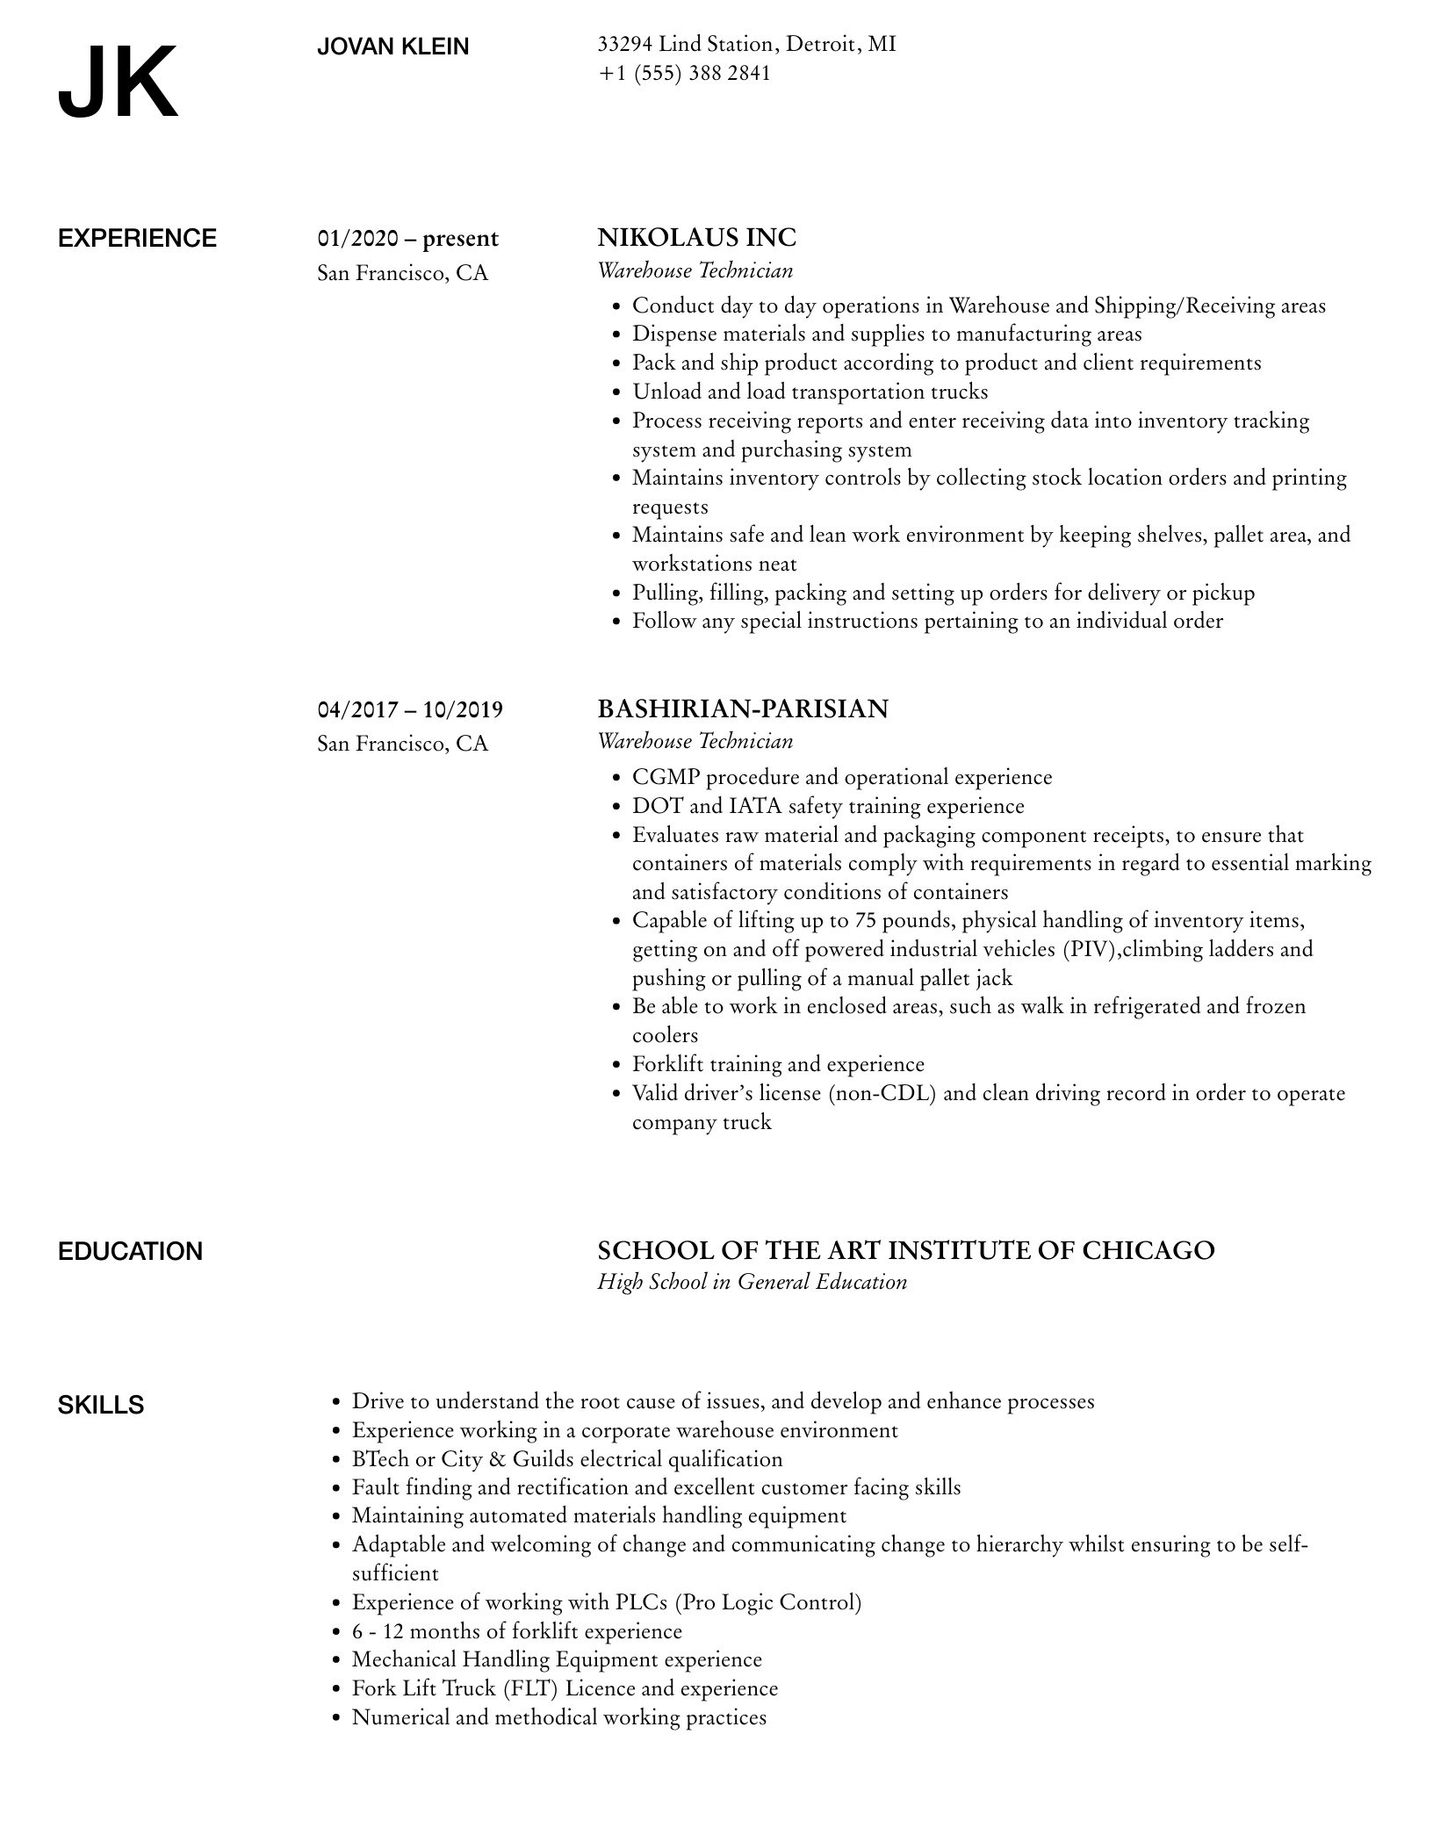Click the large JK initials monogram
pyautogui.click(x=118, y=83)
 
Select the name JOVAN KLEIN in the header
pyautogui.click(x=392, y=47)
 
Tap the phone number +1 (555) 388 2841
pyautogui.click(x=684, y=73)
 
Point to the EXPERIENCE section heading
pyautogui.click(x=137, y=239)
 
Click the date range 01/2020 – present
pyautogui.click(x=407, y=239)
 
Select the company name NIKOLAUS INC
pyautogui.click(x=696, y=238)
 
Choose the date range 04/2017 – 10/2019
pyautogui.click(x=410, y=709)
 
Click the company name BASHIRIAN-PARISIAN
pyautogui.click(x=742, y=709)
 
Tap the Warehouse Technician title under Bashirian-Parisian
pyautogui.click(x=695, y=741)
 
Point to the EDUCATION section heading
pyautogui.click(x=130, y=1251)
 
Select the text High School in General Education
pyautogui.click(x=752, y=1282)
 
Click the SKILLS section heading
pyautogui.click(x=101, y=1405)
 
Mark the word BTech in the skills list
pyautogui.click(x=380, y=1459)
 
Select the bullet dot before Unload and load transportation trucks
pyautogui.click(x=616, y=392)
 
